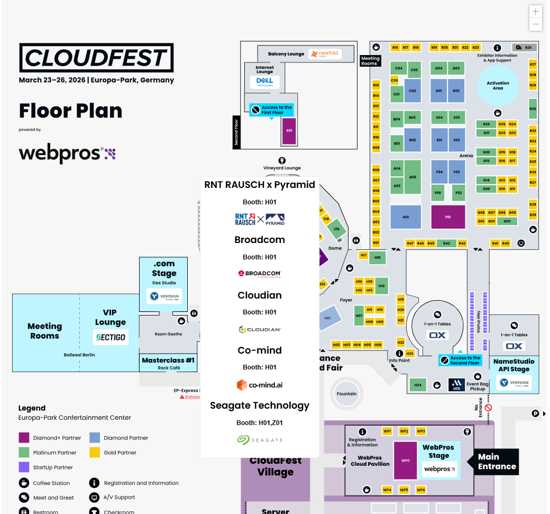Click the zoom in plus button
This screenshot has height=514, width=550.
click(x=536, y=12)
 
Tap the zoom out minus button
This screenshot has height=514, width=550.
click(x=536, y=24)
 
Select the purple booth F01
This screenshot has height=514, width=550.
click(x=448, y=217)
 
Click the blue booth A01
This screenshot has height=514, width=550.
click(x=406, y=217)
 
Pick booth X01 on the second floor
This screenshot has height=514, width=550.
click(x=289, y=130)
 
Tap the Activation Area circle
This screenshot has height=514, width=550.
click(x=498, y=85)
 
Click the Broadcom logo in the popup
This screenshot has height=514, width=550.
click(x=260, y=274)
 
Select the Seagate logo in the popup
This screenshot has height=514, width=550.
click(x=260, y=439)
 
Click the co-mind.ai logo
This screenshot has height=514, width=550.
click(x=260, y=385)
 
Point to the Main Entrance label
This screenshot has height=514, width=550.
click(x=496, y=462)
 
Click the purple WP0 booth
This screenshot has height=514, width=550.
click(x=406, y=461)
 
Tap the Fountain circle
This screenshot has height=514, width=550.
click(x=346, y=394)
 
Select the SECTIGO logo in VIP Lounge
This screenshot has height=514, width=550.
click(x=111, y=337)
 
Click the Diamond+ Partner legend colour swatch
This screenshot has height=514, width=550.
click(x=24, y=438)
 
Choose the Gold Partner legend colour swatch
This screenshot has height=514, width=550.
click(x=95, y=453)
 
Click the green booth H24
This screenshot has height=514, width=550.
click(x=418, y=385)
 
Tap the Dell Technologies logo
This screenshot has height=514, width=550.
click(x=264, y=82)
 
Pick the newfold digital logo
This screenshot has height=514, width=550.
click(x=325, y=54)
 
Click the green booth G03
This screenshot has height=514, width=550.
click(x=507, y=221)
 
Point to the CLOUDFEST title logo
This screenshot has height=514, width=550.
click(x=96, y=58)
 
